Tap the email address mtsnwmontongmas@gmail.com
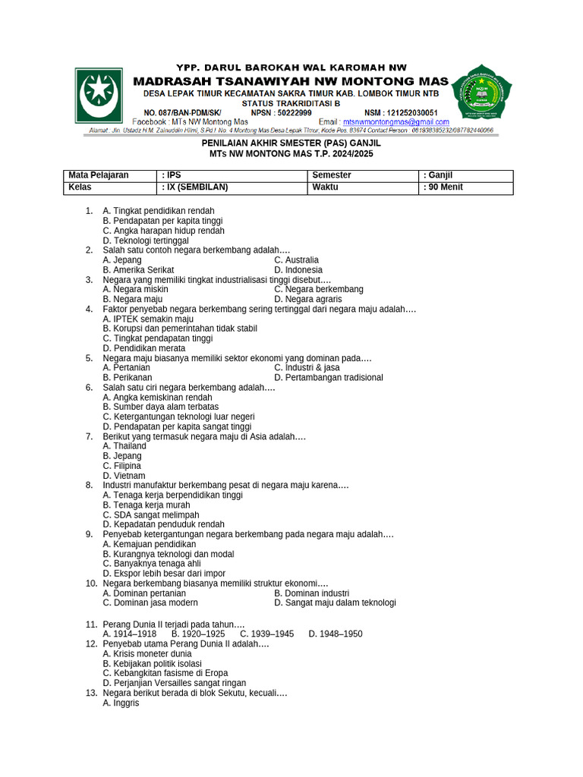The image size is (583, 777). tap(395, 121)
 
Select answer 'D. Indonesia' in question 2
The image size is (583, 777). tap(298, 270)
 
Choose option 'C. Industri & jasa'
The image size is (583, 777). tap(307, 368)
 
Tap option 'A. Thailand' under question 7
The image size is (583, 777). tap(124, 446)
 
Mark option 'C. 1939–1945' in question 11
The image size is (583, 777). tap(266, 634)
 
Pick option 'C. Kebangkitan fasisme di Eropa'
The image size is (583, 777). tap(165, 673)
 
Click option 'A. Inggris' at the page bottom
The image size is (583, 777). tap(121, 703)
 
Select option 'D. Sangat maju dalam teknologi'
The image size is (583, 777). tap(335, 603)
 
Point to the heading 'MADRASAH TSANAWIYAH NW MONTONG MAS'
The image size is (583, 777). tap(291, 81)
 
